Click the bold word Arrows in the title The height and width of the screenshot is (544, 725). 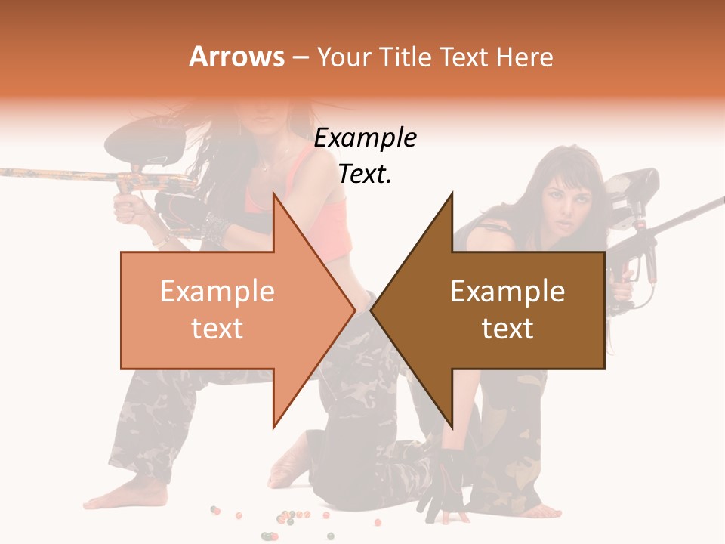237,57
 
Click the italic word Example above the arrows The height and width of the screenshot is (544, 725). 366,138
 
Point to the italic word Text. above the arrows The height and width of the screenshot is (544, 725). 366,175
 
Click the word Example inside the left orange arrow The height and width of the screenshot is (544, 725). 217,292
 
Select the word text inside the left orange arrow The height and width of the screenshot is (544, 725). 217,329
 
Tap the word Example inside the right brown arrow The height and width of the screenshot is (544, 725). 507,292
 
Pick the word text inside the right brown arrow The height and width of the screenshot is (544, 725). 507,329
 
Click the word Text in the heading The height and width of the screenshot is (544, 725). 464,57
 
